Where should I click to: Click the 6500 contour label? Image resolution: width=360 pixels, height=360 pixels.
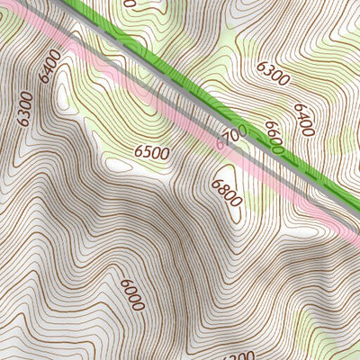pos(152,154)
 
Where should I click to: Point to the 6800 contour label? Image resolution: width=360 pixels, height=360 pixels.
pos(226,192)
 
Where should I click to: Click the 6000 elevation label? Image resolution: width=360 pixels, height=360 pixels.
pos(131,294)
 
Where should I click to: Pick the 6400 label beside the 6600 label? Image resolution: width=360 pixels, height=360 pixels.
pos(303,121)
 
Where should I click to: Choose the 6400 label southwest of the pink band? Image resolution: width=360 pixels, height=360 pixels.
pos(49,63)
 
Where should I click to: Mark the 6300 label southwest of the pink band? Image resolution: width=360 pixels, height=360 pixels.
pos(24,108)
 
